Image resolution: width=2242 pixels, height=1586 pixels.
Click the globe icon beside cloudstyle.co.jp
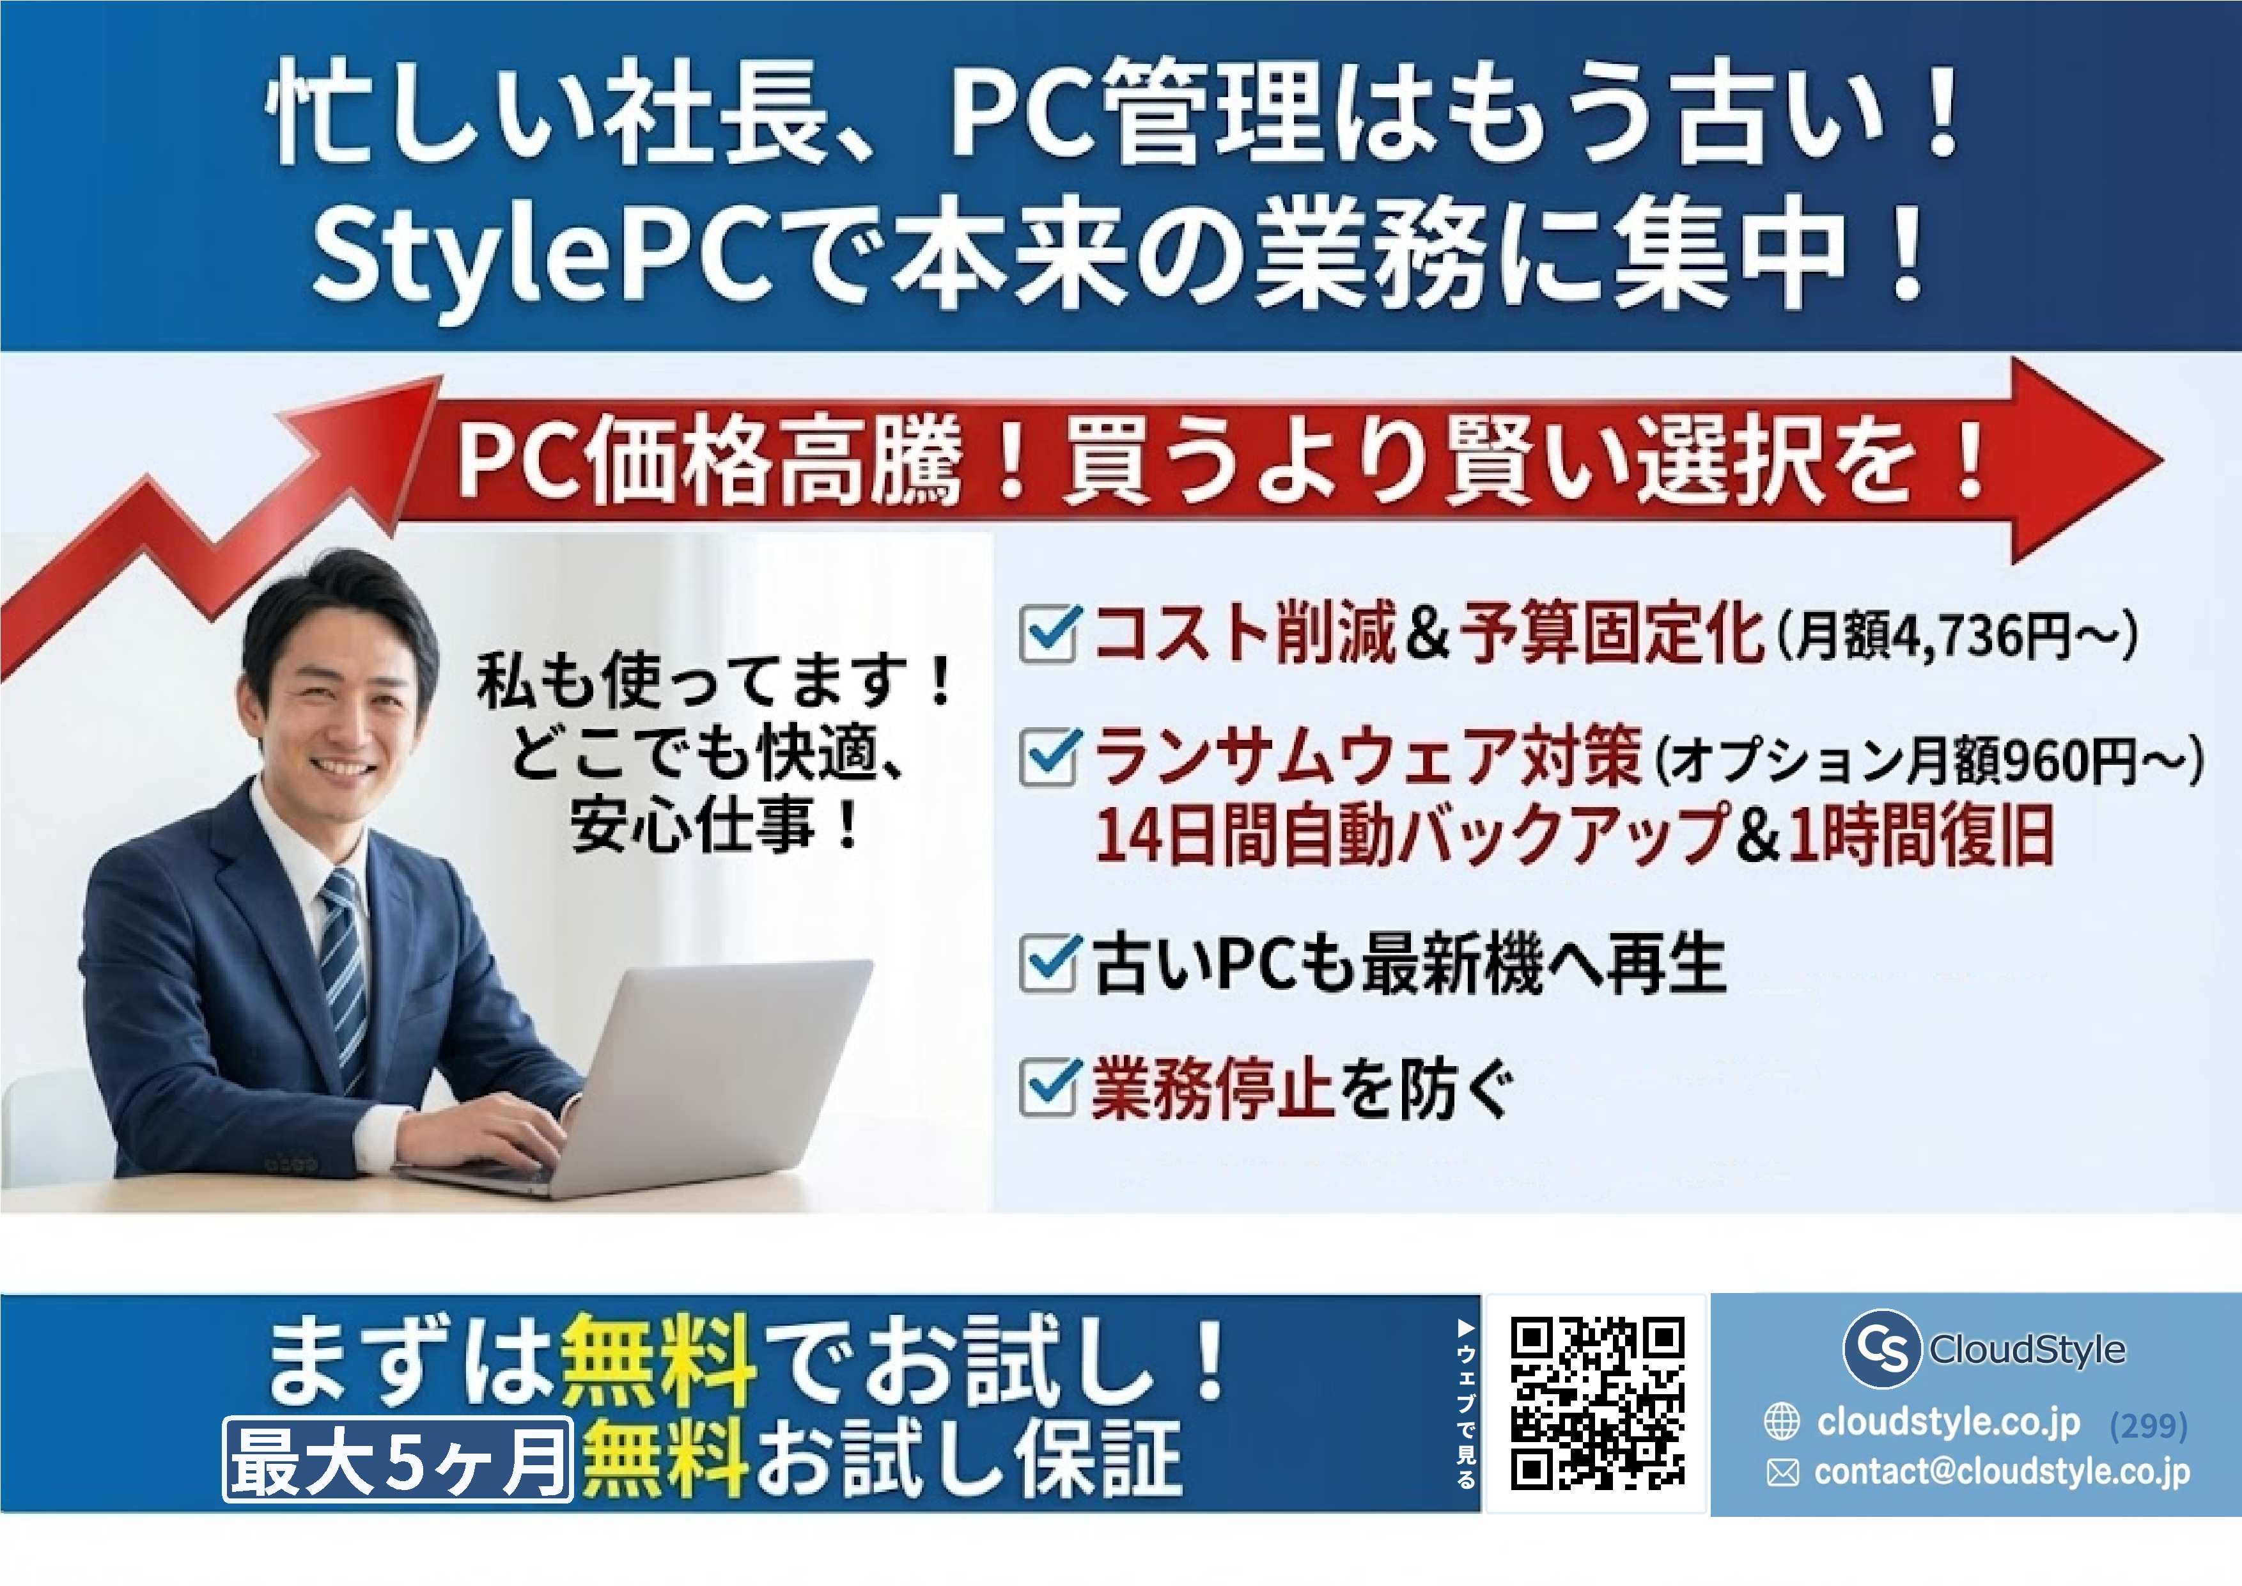[1782, 1422]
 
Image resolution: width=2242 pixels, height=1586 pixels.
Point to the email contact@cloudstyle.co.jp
[2002, 1472]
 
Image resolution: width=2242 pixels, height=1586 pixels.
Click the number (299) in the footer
[2148, 1427]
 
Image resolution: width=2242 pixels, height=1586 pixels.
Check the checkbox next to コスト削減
[1048, 635]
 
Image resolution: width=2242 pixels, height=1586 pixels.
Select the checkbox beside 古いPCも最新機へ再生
[1048, 964]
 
